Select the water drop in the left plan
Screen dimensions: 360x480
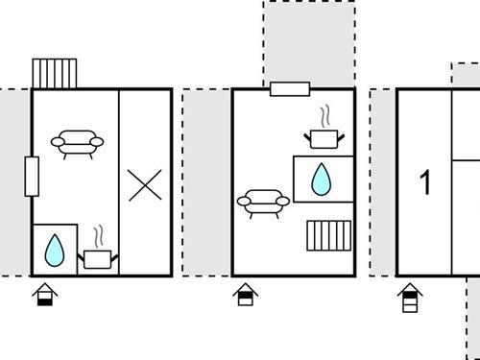tap(55, 250)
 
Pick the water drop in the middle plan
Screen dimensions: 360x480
tap(321, 178)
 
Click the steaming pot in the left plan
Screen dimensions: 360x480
tap(98, 256)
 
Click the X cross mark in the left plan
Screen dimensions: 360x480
tap(145, 183)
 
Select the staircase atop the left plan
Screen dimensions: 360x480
tap(55, 73)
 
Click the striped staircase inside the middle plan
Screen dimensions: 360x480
tap(326, 235)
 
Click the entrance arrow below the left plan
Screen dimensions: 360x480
tap(44, 294)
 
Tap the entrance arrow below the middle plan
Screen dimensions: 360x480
tap(245, 294)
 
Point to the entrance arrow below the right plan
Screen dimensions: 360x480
tap(410, 298)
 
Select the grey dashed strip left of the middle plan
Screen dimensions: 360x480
tap(207, 182)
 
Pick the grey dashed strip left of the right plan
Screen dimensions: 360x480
tap(382, 182)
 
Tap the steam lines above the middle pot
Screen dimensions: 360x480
tap(326, 118)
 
